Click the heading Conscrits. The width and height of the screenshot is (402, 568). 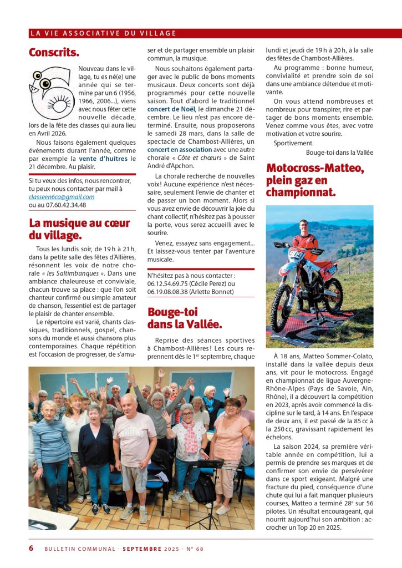tap(54, 53)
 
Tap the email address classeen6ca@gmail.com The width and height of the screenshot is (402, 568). tap(62, 196)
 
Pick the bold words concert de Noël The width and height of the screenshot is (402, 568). tap(171, 109)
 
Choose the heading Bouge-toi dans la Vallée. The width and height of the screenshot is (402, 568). tap(185, 318)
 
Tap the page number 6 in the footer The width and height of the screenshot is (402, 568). tap(31, 549)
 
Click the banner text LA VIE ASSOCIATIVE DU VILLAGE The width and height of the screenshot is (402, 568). tap(103, 33)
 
